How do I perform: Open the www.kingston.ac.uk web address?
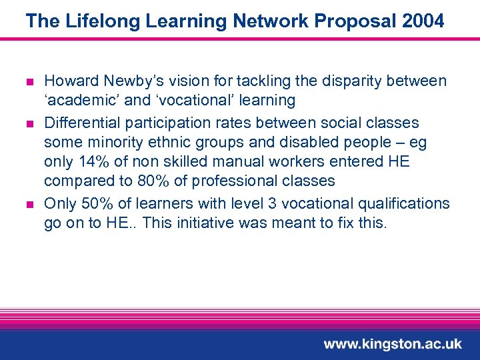[393, 344]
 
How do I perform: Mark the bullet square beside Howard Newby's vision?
[29, 82]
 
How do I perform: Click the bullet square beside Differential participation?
[29, 123]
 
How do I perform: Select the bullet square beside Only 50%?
[29, 204]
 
